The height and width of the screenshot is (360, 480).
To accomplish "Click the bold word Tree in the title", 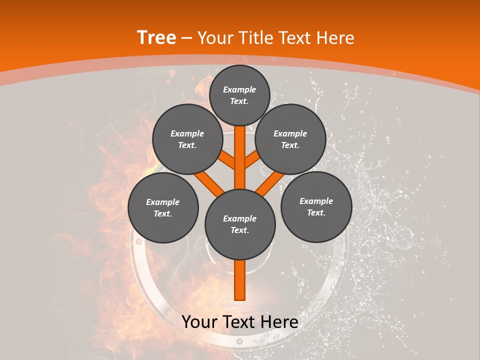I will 156,38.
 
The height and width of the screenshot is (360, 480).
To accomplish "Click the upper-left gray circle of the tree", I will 187,139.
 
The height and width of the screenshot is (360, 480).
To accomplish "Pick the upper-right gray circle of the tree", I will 290,139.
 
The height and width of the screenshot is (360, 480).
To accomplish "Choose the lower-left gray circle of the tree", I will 163,207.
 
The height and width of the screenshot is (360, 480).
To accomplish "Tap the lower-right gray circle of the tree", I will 316,206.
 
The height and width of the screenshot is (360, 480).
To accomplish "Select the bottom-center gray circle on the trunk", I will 240,224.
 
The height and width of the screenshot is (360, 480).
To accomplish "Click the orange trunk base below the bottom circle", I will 239,280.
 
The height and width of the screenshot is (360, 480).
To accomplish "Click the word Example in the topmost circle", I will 239,90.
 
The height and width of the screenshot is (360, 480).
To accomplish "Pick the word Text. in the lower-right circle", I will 316,213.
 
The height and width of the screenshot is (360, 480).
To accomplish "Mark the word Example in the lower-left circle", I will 163,202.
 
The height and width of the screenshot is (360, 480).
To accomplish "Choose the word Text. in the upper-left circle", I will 187,145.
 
